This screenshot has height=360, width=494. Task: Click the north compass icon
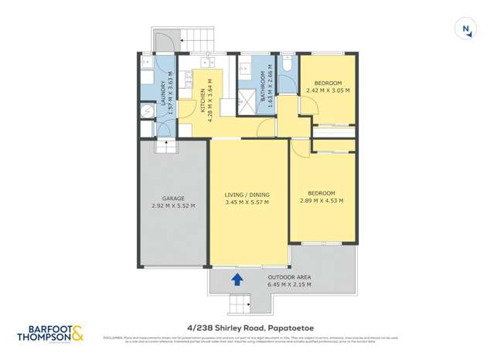click(465, 29)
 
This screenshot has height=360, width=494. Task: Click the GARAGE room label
click(173, 199)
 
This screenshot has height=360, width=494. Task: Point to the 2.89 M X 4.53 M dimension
click(321, 201)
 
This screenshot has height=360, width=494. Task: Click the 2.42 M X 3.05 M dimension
click(327, 90)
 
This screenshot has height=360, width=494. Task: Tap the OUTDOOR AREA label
click(288, 277)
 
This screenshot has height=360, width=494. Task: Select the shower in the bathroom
click(247, 100)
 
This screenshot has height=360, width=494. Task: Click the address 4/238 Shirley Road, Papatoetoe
click(246, 326)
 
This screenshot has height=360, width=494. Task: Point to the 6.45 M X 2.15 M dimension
click(288, 284)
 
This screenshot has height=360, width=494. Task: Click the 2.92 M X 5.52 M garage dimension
click(173, 206)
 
